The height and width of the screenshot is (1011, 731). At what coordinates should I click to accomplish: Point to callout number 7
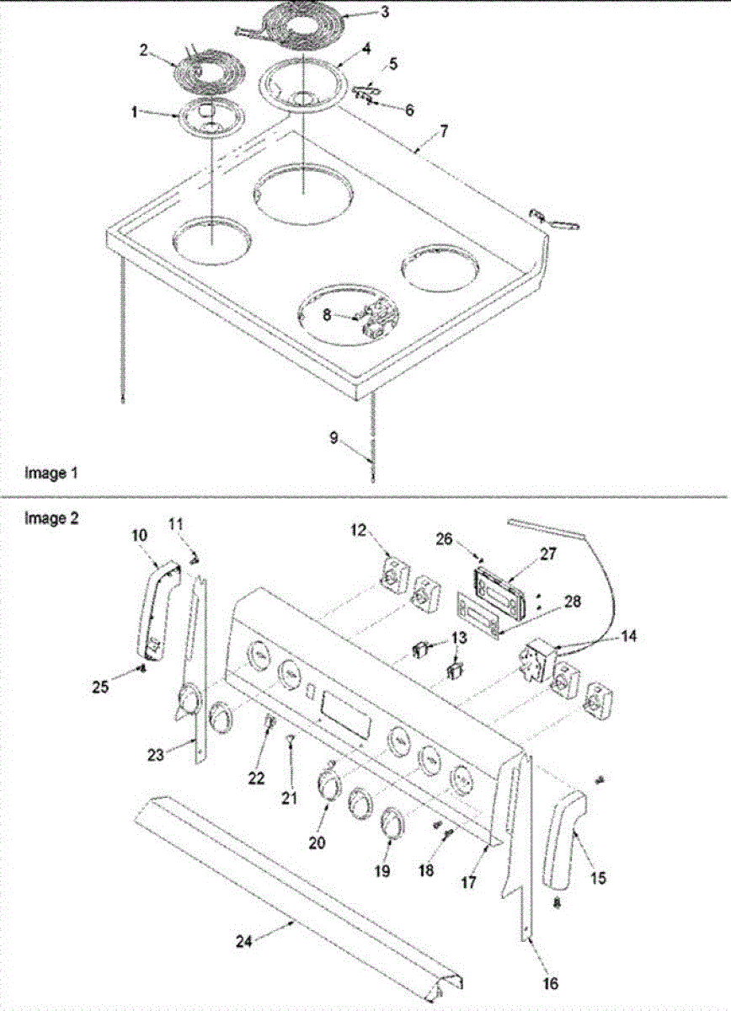[x=444, y=131]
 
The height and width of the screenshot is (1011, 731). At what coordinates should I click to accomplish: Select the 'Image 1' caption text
[x=45, y=473]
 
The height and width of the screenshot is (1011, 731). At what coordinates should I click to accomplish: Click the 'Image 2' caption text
[x=45, y=519]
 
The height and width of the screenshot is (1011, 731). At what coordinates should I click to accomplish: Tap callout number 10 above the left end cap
[x=139, y=535]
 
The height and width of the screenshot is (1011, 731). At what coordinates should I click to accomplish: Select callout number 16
[x=550, y=982]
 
